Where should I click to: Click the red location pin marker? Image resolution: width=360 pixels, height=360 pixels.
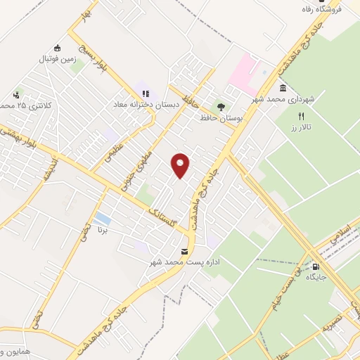pyautogui.click(x=181, y=165)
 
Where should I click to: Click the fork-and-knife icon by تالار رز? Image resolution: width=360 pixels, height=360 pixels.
pyautogui.click(x=302, y=116)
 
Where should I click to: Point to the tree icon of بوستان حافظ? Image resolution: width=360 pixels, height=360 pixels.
pyautogui.click(x=221, y=107)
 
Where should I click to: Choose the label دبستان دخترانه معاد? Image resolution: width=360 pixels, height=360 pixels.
pyautogui.click(x=147, y=104)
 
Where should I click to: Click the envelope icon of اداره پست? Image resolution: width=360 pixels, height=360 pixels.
pyautogui.click(x=185, y=251)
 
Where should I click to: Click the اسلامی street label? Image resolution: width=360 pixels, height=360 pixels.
pyautogui.click(x=345, y=231)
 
